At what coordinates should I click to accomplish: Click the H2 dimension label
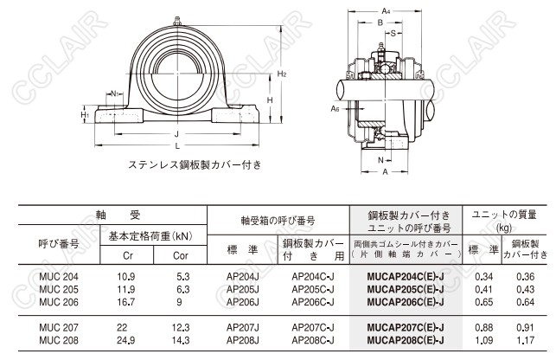[282, 74]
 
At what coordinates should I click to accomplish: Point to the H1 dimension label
[85, 114]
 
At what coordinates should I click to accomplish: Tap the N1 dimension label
[115, 93]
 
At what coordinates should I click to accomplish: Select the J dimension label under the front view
[176, 134]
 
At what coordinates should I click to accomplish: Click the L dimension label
[177, 145]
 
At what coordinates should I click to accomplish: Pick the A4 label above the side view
[386, 11]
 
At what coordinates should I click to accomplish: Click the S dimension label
[393, 34]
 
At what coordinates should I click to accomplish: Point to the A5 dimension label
[336, 108]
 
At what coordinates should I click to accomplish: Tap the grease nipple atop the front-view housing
[177, 21]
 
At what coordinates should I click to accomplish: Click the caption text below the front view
[195, 164]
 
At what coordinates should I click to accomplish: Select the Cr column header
[128, 255]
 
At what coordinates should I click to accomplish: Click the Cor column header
[181, 255]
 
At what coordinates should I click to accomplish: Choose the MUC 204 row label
[59, 277]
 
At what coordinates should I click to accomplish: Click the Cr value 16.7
[126, 302]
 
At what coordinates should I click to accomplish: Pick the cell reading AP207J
[243, 328]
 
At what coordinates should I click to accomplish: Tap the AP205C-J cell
[313, 289]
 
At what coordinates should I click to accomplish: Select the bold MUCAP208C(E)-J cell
[406, 340]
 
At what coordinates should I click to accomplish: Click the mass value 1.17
[526, 340]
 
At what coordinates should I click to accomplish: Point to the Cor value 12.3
[181, 328]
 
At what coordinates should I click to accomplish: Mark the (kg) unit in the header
[504, 228]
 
